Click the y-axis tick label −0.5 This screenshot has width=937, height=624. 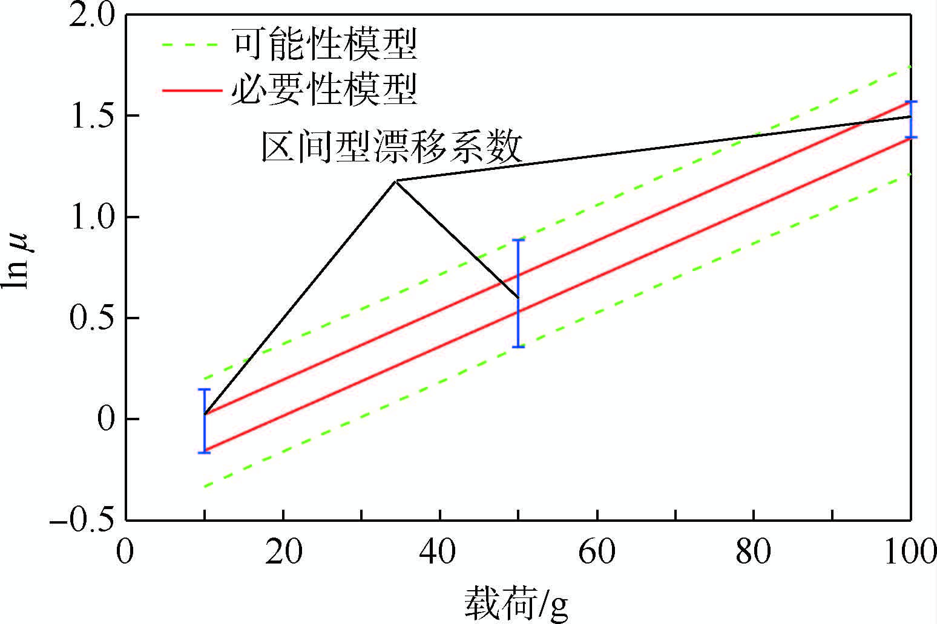click(x=83, y=521)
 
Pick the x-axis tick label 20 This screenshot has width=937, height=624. click(x=283, y=551)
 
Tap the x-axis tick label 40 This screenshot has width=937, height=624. click(x=440, y=551)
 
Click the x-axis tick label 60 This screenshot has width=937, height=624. click(x=597, y=551)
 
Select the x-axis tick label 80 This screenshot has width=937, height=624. click(x=754, y=551)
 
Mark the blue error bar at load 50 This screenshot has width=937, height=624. click(x=518, y=293)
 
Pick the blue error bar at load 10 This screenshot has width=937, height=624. click(x=205, y=421)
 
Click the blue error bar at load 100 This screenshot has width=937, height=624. click(x=910, y=119)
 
